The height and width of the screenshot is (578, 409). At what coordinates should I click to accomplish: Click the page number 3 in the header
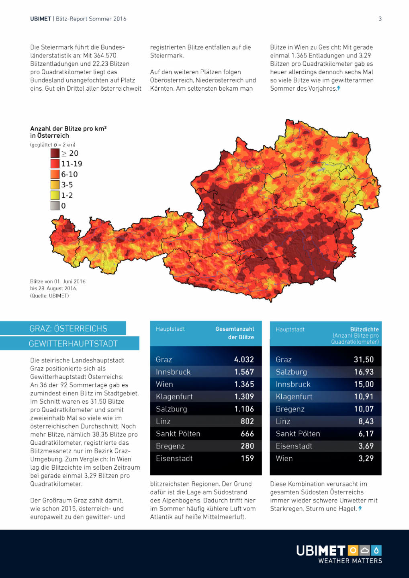pyautogui.click(x=380, y=19)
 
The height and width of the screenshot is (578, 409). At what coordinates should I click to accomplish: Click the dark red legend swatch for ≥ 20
pyautogui.click(x=55, y=153)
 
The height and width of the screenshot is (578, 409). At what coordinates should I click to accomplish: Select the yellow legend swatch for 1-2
pyautogui.click(x=55, y=195)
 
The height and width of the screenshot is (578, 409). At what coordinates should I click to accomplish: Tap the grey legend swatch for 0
pyautogui.click(x=55, y=206)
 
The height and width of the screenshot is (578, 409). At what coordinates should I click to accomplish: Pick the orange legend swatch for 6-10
pyautogui.click(x=55, y=174)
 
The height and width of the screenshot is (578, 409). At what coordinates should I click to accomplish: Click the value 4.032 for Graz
pyautogui.click(x=244, y=360)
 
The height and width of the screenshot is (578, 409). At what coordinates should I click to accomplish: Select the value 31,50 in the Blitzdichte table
pyautogui.click(x=364, y=360)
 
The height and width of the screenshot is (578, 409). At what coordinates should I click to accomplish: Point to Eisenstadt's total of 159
pyautogui.click(x=247, y=458)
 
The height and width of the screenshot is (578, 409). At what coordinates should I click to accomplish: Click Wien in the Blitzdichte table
pyautogui.click(x=284, y=458)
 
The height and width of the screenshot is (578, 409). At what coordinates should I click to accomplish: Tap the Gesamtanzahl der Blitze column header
pyautogui.click(x=235, y=333)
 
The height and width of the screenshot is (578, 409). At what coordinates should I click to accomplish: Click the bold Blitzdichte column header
pyautogui.click(x=364, y=330)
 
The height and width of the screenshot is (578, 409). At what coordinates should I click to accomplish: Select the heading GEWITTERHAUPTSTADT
pyautogui.click(x=73, y=344)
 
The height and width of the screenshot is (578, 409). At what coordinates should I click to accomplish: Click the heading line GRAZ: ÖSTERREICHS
pyautogui.click(x=68, y=328)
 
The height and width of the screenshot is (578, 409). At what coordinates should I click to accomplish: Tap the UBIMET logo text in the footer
pyautogui.click(x=321, y=551)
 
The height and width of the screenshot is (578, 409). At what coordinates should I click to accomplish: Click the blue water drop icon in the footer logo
pyautogui.click(x=376, y=550)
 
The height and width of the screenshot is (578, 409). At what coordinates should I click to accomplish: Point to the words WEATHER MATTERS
pyautogui.click(x=350, y=561)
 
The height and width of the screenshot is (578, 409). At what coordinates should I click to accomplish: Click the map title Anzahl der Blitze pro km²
pyautogui.click(x=68, y=129)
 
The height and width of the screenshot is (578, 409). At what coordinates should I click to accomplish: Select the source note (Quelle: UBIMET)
pyautogui.click(x=49, y=296)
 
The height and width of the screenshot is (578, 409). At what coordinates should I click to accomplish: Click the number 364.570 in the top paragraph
pyautogui.click(x=105, y=56)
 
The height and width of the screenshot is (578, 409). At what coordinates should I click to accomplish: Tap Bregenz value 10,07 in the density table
pyautogui.click(x=364, y=409)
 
